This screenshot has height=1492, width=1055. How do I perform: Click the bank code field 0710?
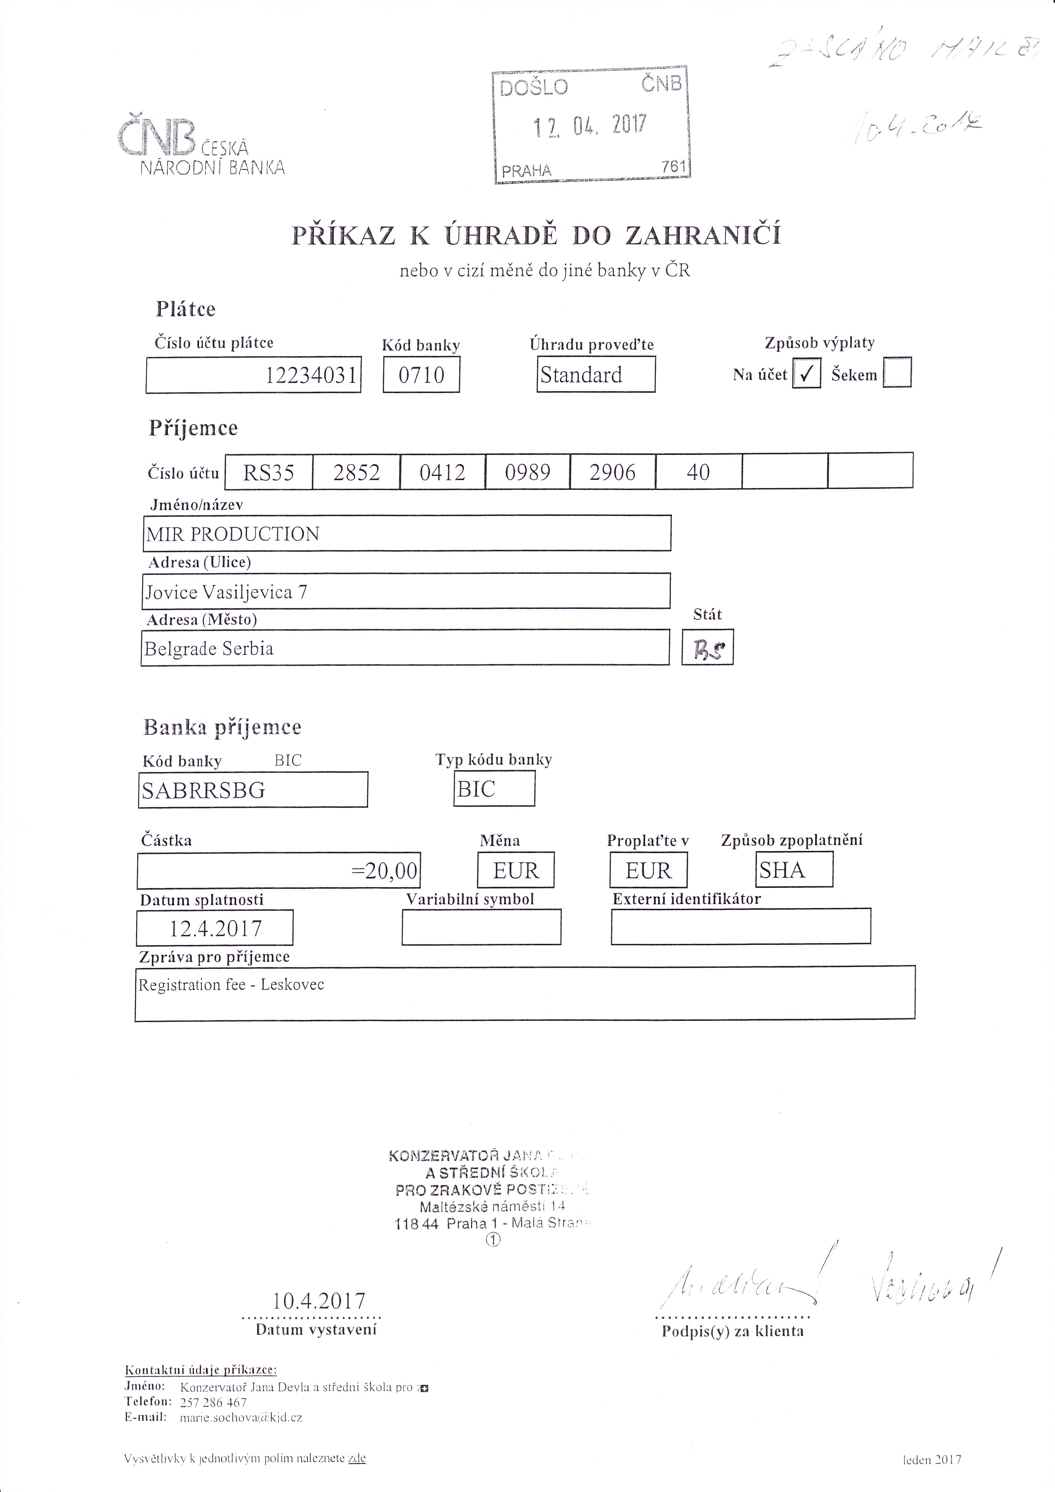click(x=421, y=375)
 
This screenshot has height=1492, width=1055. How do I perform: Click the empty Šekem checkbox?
click(x=897, y=373)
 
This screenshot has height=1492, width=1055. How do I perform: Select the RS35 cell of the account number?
click(x=269, y=472)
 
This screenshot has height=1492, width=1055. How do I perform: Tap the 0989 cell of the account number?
click(x=527, y=472)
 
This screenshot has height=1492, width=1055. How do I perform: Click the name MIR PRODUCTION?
click(x=233, y=534)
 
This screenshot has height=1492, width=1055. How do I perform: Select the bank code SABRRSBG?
click(x=204, y=790)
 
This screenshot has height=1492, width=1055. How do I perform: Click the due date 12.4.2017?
click(x=215, y=928)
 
